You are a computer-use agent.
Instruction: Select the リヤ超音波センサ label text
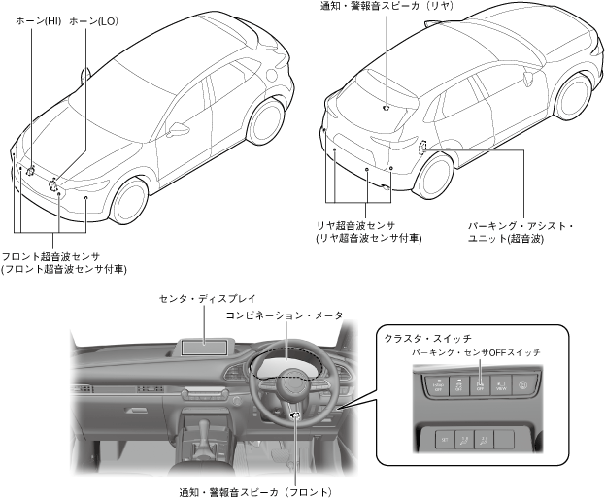pyautogui.click(x=367, y=224)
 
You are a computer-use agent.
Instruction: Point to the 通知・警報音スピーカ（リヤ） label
pyautogui.click(x=387, y=7)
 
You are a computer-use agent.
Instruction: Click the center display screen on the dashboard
pyautogui.click(x=206, y=342)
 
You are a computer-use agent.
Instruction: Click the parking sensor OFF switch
pyautogui.click(x=482, y=385)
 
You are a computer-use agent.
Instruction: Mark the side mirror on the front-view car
pyautogui.click(x=178, y=128)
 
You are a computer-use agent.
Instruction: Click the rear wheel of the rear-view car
pyautogui.click(x=438, y=173)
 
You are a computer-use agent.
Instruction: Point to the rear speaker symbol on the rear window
pyautogui.click(x=387, y=107)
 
